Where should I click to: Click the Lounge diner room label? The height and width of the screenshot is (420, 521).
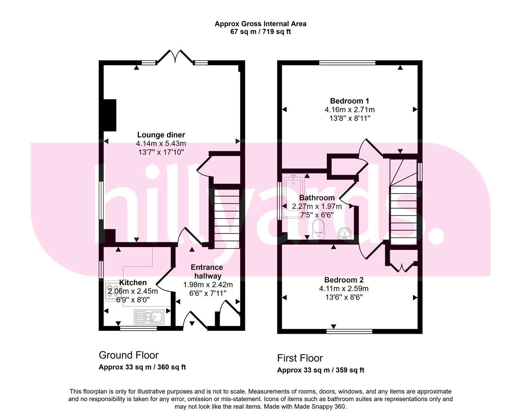pos(161,135)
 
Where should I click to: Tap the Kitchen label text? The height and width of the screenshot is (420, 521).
pos(133,282)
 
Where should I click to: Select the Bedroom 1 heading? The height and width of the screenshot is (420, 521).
pos(349,101)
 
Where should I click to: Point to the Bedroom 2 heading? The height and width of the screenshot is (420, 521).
pos(344,280)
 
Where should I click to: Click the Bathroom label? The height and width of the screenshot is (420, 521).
pos(316,198)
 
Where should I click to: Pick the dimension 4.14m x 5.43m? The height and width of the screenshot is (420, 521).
pos(161,143)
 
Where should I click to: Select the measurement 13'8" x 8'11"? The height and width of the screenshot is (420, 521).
pos(349,118)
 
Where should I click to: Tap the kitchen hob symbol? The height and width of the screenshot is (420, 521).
pos(110,292)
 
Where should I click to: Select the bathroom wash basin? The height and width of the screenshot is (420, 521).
pos(344,233)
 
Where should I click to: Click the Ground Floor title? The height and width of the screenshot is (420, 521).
pos(129,355)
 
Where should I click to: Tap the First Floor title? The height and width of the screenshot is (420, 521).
pos(300,358)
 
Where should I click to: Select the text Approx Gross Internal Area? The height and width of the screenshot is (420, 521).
pos(260,24)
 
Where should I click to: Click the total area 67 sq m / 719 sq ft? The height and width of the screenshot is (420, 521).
pos(260,32)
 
